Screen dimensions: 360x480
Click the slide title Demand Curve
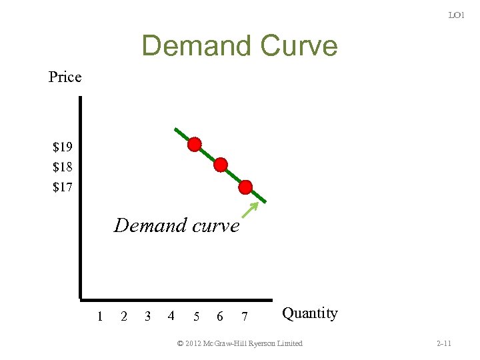[239, 46]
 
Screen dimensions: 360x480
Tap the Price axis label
[65, 77]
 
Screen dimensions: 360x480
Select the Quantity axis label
[310, 313]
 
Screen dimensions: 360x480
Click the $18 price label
[63, 166]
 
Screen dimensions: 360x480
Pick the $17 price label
[63, 187]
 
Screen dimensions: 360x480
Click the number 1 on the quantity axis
[100, 316]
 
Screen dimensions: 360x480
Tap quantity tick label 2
[124, 316]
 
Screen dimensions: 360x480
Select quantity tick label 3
[148, 316]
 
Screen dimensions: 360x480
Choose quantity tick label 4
[171, 316]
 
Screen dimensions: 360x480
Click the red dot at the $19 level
[194, 145]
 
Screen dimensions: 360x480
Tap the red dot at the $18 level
[221, 165]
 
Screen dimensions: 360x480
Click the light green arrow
[249, 209]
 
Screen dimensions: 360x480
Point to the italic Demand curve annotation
[177, 225]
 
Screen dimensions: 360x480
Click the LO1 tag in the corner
[456, 15]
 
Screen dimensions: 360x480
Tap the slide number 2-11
[443, 343]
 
